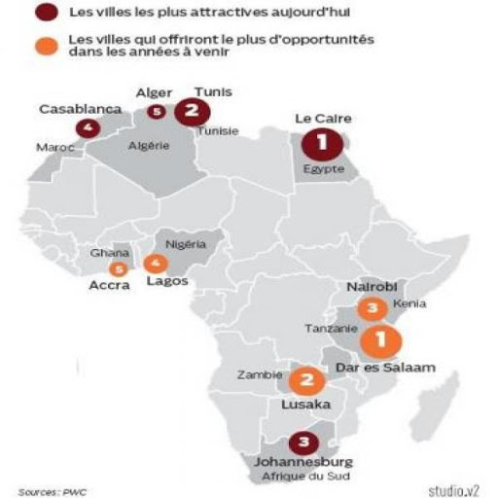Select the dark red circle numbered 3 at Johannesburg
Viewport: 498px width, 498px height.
[303, 440]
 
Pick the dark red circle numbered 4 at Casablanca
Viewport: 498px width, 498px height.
[90, 127]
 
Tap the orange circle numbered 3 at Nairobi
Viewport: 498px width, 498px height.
[370, 308]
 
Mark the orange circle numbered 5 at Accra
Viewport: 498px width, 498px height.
[120, 268]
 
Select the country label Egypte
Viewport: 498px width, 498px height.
[325, 168]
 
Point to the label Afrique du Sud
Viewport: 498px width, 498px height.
[303, 478]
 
